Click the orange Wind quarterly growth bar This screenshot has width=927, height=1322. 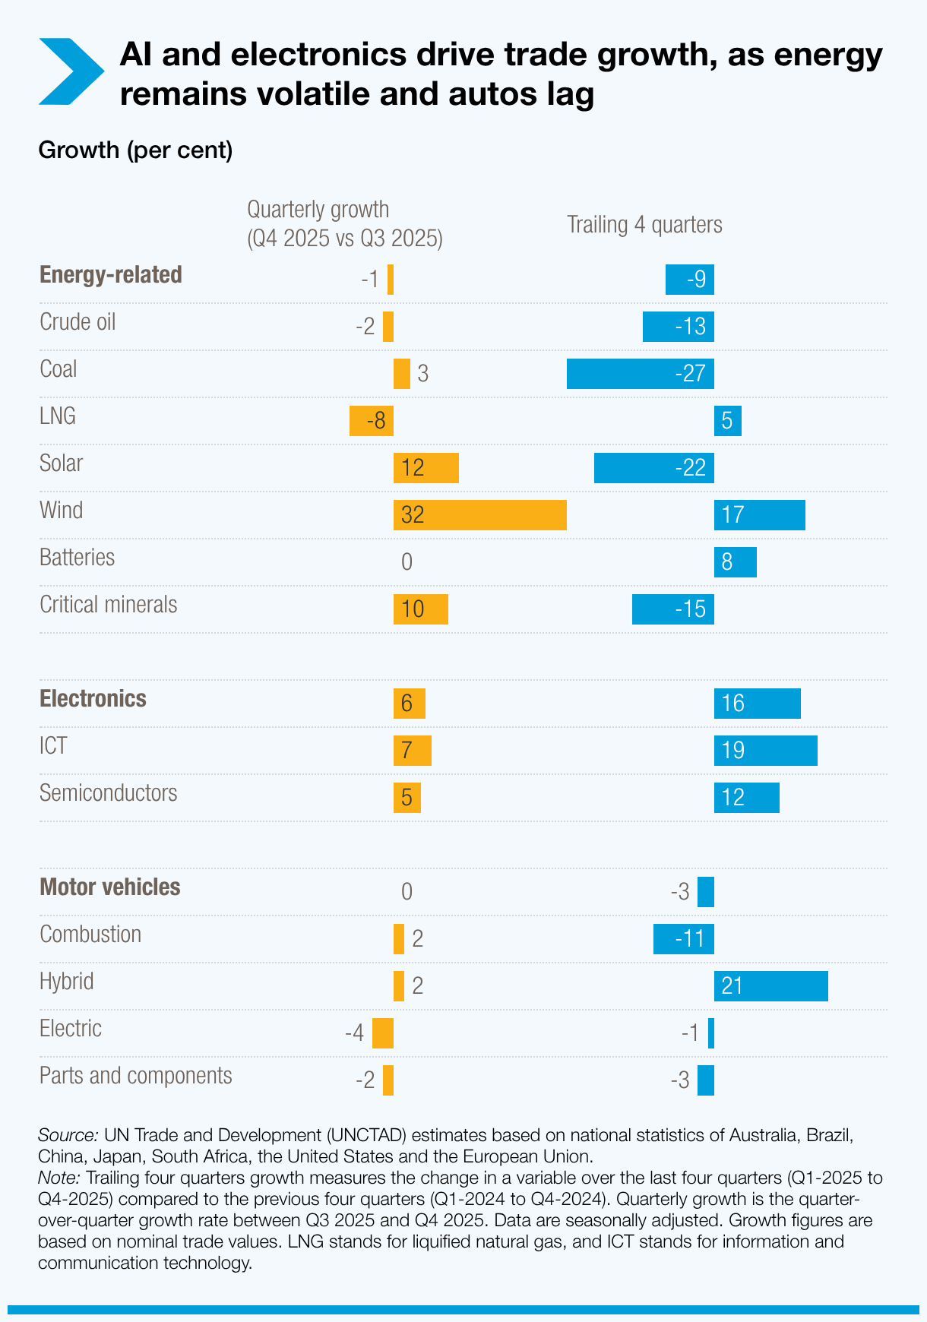point(479,514)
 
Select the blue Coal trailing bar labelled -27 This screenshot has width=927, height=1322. point(640,373)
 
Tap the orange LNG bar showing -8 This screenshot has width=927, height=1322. point(371,420)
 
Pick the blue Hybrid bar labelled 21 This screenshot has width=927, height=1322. point(770,985)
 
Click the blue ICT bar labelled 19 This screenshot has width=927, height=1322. point(765,750)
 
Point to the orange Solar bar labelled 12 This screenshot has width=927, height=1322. point(426,467)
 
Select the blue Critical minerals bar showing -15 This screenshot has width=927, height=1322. point(672,609)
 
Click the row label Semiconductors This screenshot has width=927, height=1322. point(108,792)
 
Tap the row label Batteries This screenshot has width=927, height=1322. point(77,557)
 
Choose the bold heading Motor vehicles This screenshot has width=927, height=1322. point(109,887)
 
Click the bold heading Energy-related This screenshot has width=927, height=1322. point(110,274)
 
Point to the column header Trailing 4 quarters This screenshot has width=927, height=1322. point(644,224)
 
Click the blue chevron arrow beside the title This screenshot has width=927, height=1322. point(70,71)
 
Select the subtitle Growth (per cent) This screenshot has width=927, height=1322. point(135,150)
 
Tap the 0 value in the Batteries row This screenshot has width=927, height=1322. point(407,561)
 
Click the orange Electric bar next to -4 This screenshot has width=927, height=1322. point(382,1033)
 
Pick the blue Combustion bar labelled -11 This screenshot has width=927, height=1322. point(683,938)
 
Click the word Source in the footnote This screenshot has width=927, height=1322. point(67,1135)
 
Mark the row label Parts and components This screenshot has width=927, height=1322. point(135,1075)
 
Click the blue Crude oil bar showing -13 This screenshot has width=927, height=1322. point(678,326)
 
